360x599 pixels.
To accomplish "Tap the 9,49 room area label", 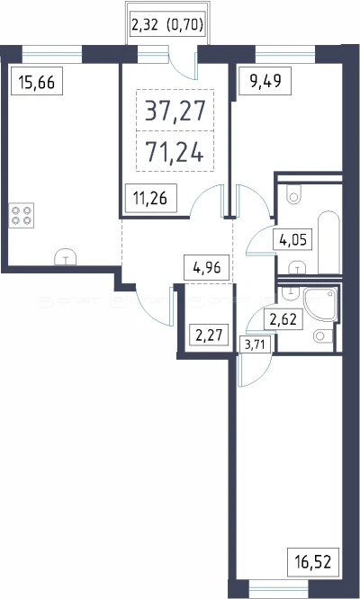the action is [265, 81].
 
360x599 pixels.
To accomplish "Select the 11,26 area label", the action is [151, 198].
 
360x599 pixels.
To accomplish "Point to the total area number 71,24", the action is [175, 152].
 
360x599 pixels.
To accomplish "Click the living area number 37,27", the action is [175, 111].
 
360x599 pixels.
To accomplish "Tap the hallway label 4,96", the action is [208, 268].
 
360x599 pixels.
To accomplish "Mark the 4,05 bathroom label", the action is [293, 241].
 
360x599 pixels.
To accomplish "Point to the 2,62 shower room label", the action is [283, 319].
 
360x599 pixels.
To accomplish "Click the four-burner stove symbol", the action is [22, 215].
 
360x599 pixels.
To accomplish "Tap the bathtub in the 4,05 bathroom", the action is [328, 242].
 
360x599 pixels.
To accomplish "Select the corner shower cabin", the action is [320, 305].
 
